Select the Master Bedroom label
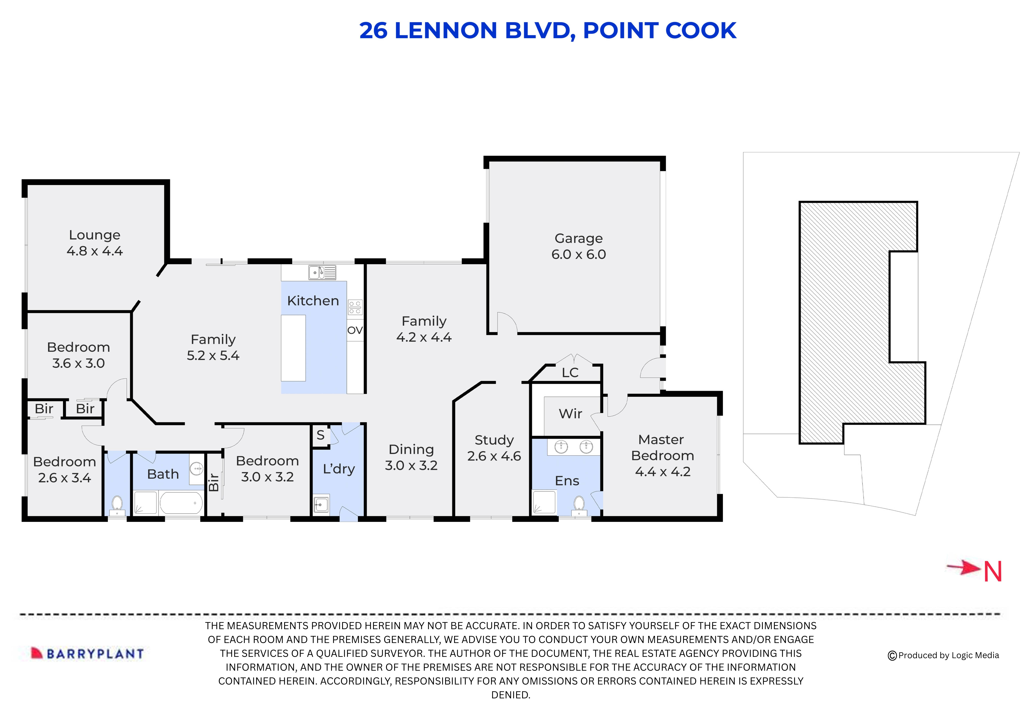click(662, 455)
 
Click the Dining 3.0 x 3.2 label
click(411, 457)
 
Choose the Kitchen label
click(313, 300)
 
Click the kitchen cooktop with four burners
click(355, 307)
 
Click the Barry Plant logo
click(88, 654)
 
